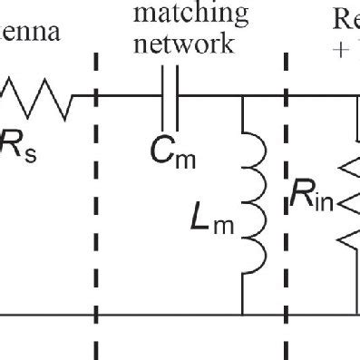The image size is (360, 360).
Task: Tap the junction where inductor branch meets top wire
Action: (x=243, y=94)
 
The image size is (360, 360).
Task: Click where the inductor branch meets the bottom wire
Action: (x=243, y=315)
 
